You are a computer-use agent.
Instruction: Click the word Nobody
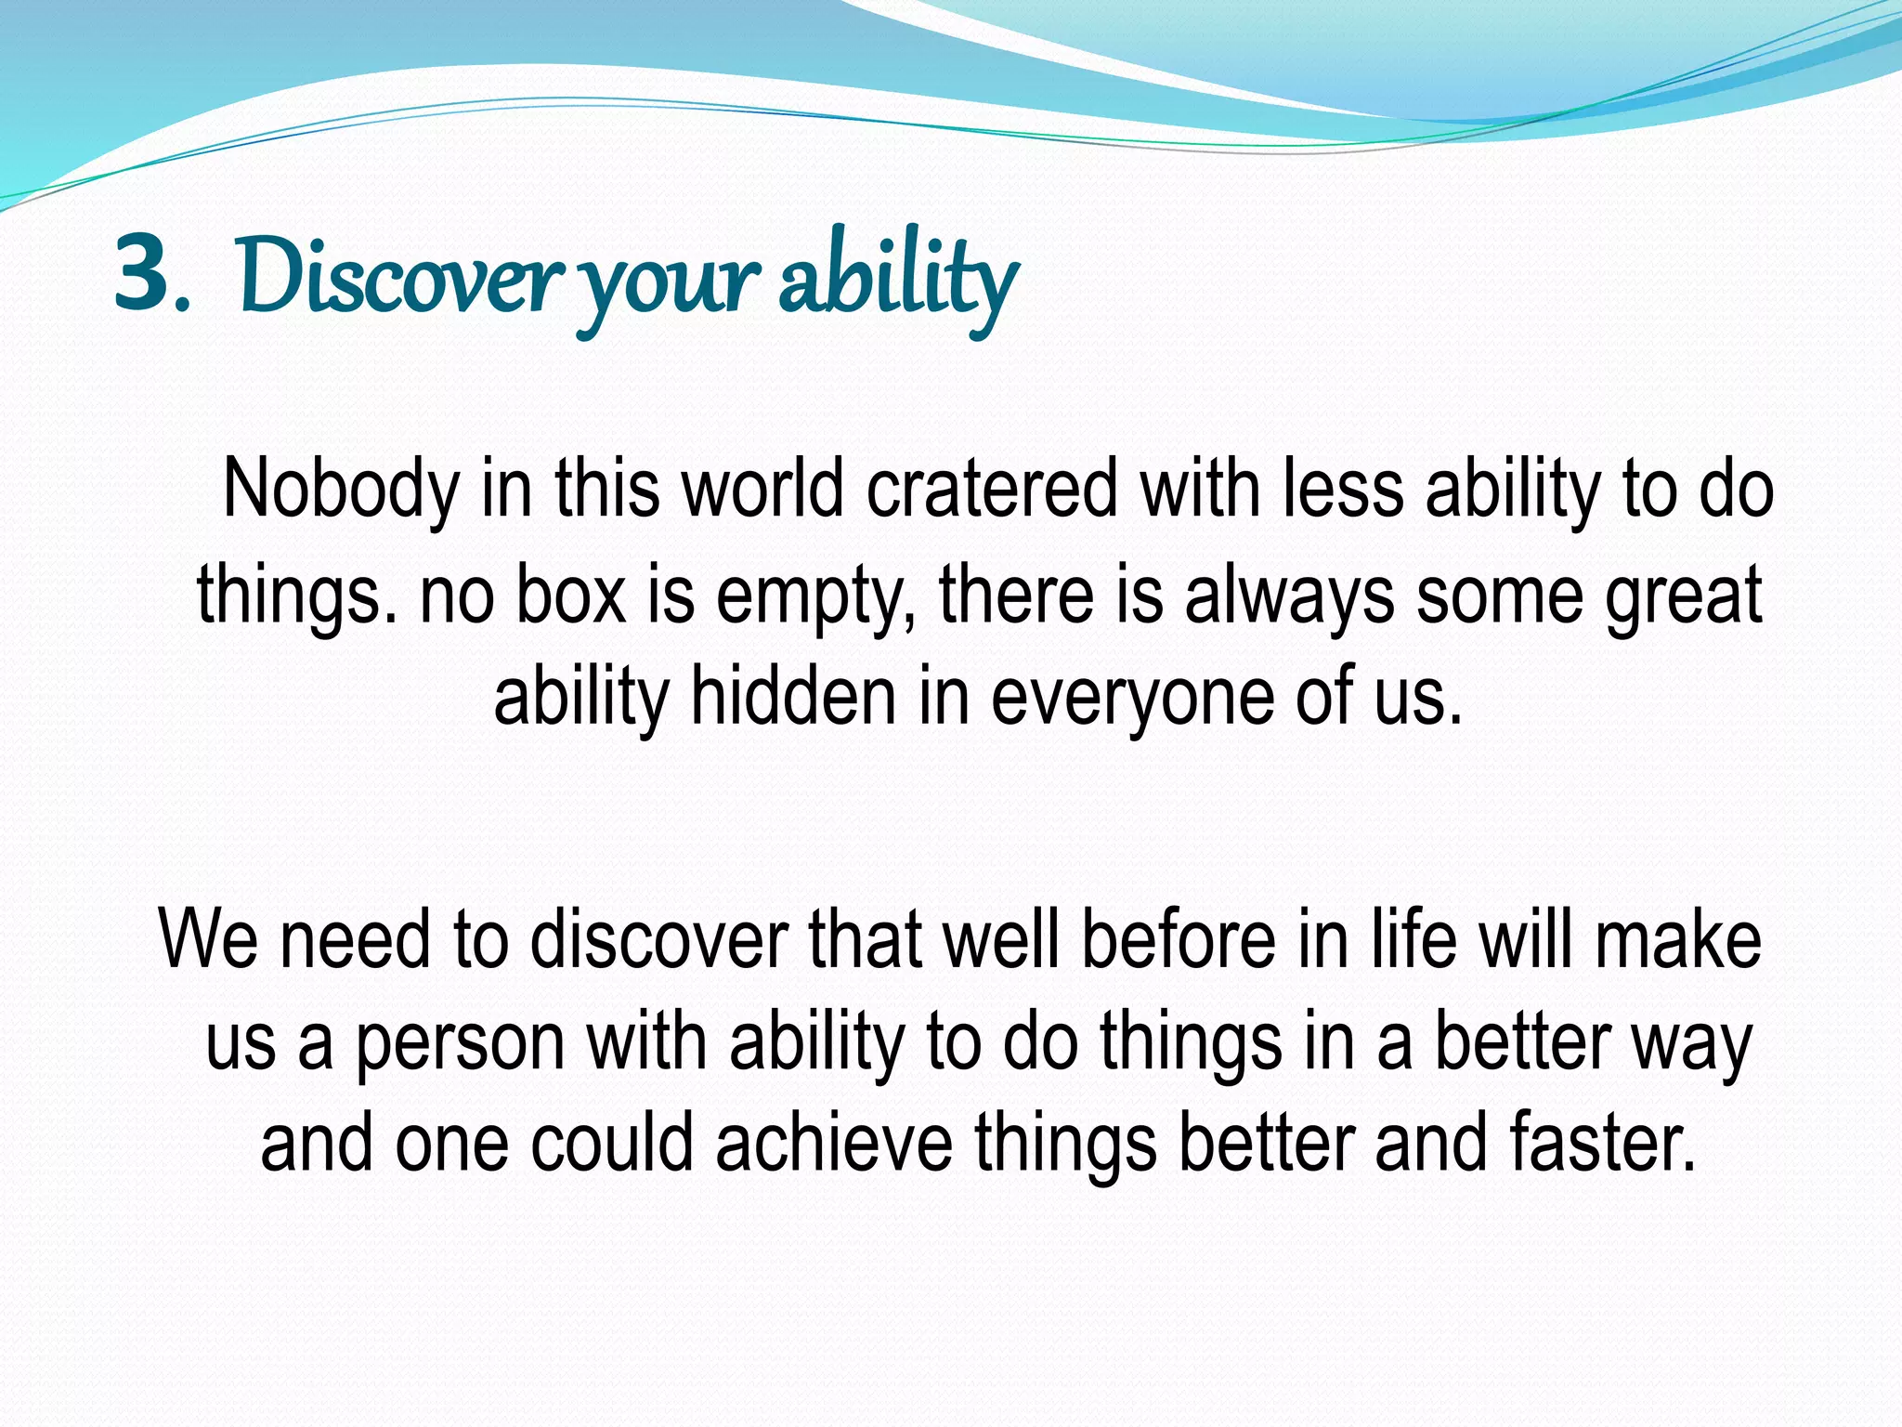[x=341, y=491]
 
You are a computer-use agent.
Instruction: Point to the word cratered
[x=992, y=489]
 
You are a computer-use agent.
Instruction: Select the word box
[x=570, y=595]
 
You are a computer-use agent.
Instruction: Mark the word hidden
[x=792, y=697]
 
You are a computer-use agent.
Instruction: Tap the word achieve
[x=833, y=1143]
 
